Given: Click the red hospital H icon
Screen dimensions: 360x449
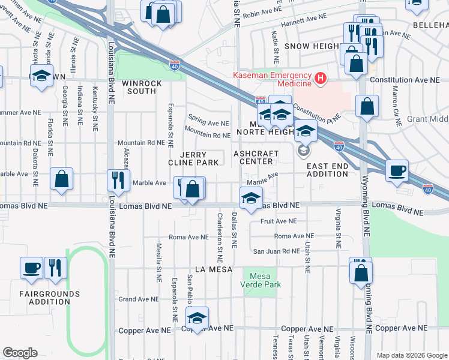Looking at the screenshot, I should tap(321, 78).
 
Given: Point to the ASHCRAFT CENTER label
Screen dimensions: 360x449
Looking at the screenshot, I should tap(256, 157).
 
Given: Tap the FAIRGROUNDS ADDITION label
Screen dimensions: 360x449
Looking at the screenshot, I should tap(49, 298).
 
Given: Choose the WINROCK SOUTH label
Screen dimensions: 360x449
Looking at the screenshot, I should tap(139, 87).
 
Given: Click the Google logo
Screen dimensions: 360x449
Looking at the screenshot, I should tap(20, 352).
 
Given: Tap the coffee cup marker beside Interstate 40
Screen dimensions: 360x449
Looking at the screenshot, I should tap(397, 170).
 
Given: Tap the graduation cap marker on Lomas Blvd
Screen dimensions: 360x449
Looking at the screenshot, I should tap(251, 197).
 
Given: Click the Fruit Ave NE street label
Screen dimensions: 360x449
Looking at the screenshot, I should tap(276, 221).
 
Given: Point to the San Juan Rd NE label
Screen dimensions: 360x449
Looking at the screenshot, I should tap(275, 251).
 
